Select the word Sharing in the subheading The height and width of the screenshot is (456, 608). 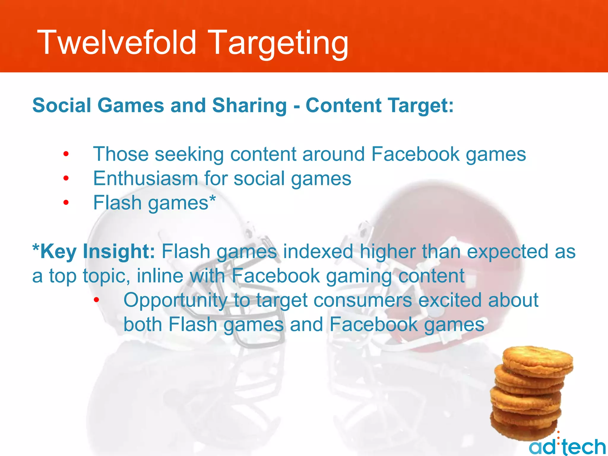249,106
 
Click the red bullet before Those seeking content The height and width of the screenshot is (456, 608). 66,154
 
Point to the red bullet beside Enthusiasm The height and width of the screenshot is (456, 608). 66,178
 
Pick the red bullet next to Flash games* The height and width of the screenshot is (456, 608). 66,203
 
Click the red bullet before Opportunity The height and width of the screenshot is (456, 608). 96,300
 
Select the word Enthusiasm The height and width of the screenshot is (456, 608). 145,178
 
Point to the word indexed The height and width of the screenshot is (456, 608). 318,251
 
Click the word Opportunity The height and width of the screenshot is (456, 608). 175,300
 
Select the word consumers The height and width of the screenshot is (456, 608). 362,300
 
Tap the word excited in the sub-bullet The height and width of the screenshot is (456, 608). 449,300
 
